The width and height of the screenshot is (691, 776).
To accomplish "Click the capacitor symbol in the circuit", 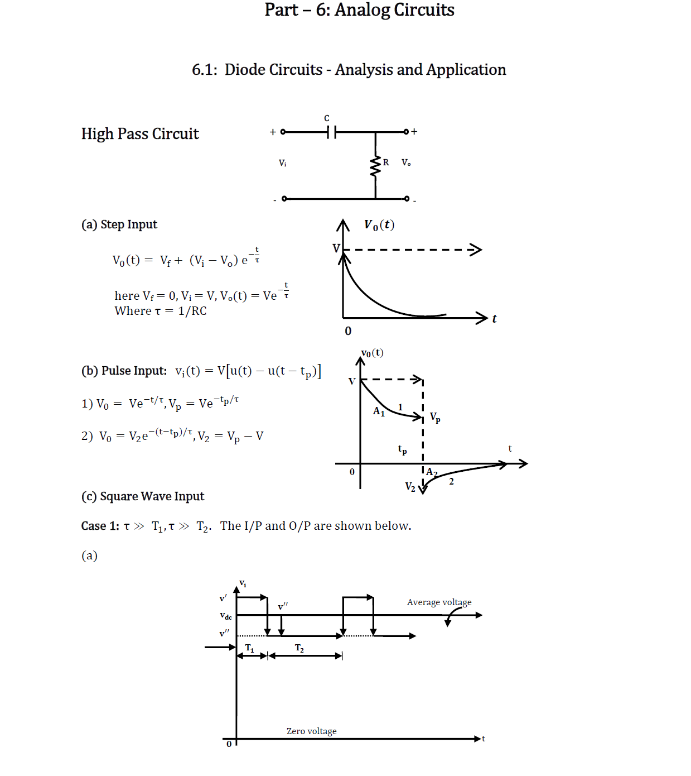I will [x=331, y=132].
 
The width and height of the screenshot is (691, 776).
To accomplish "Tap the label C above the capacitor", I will [x=327, y=118].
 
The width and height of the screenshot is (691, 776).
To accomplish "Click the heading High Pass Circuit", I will [x=140, y=134].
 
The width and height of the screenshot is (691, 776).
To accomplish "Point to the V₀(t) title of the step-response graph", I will [x=379, y=225].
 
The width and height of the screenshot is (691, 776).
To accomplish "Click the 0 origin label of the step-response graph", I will [x=348, y=331].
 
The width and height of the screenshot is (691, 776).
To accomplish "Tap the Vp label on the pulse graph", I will [x=435, y=417].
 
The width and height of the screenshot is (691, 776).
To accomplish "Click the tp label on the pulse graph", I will [x=402, y=449].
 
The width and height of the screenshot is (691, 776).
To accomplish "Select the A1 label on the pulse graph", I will [x=379, y=411].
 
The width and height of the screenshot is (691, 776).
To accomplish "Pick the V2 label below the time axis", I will [x=410, y=487].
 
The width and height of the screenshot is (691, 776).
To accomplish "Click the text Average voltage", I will [x=439, y=602].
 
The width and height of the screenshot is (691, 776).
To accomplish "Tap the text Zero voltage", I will [x=311, y=731].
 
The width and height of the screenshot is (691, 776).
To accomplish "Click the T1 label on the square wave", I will [x=250, y=648].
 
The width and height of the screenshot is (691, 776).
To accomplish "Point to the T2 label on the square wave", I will [x=299, y=648].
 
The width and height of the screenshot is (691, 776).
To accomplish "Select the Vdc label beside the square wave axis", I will [x=226, y=616].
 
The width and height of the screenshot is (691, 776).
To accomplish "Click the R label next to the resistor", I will [x=386, y=162].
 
